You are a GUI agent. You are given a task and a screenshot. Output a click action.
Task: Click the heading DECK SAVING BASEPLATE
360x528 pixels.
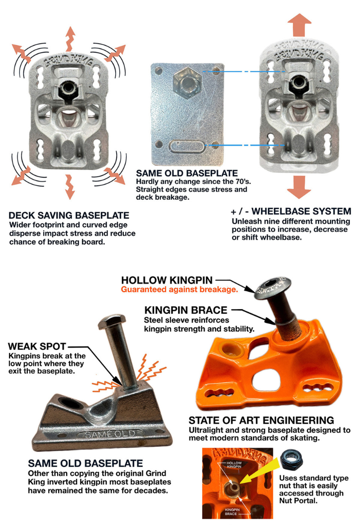[69, 215]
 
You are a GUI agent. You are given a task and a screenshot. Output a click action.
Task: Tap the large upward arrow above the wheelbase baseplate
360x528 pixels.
[299, 25]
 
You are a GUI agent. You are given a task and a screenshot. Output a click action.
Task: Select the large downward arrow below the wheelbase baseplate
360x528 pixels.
[299, 187]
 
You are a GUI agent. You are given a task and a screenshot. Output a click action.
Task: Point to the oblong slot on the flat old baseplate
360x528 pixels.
[187, 147]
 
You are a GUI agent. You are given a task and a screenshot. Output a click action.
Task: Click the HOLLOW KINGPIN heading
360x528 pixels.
[167, 280]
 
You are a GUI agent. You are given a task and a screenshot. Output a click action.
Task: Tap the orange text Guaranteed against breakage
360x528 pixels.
[179, 289]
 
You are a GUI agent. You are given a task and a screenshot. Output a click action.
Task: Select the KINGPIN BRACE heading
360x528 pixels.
[186, 310]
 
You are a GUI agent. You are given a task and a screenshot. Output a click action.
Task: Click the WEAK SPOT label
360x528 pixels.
[36, 347]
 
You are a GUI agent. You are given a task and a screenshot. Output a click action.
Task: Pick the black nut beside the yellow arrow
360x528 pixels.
[291, 460]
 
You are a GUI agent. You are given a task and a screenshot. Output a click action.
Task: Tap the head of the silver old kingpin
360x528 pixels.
[112, 322]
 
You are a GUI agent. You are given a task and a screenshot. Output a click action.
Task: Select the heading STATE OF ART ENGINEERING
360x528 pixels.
[261, 420]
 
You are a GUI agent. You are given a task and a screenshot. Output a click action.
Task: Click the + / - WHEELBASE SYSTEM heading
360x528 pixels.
[291, 211]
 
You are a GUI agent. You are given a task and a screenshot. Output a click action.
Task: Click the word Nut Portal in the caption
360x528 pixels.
[298, 501]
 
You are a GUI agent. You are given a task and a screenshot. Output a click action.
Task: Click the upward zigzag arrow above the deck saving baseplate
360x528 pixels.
[70, 39]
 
